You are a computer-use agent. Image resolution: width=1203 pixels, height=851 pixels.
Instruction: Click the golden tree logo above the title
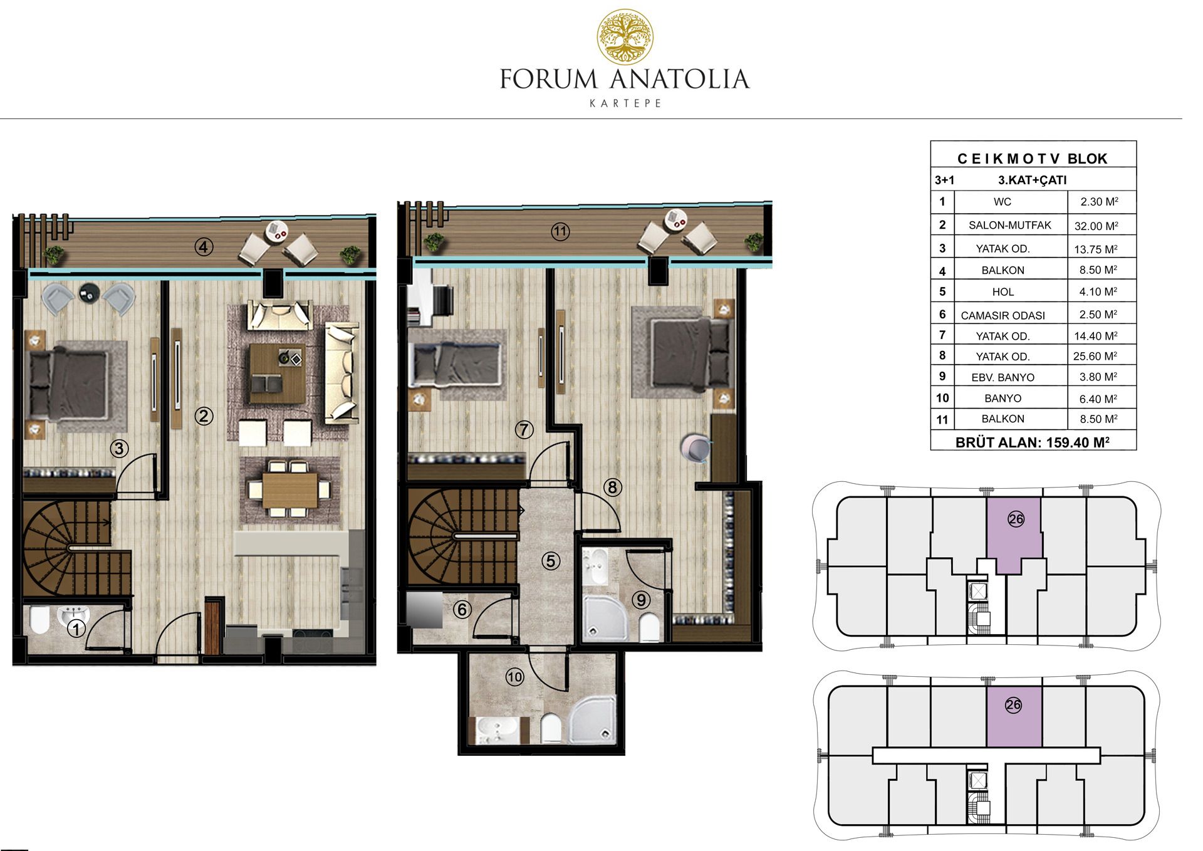coord(625,37)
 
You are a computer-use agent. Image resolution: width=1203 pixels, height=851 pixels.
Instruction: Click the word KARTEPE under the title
coord(625,103)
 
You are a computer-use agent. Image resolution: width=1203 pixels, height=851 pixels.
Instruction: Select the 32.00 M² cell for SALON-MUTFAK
coord(1096,226)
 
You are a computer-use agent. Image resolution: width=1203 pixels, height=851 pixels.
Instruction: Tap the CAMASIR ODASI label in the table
coord(1002,315)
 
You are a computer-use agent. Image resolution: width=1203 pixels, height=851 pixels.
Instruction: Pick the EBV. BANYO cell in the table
coord(1002,377)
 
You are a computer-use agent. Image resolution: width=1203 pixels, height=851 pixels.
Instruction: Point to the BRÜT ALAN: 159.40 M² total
coord(1033,442)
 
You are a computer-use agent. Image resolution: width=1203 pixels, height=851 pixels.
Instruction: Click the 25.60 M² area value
coord(1095,356)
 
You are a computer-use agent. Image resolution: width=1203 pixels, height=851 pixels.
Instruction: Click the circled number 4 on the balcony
coord(203,247)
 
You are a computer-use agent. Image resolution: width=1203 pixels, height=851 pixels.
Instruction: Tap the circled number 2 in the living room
coord(204,415)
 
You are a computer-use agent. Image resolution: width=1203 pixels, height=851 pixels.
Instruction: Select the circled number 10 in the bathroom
coord(515,677)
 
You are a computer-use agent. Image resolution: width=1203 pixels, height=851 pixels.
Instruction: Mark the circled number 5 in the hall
coord(551,561)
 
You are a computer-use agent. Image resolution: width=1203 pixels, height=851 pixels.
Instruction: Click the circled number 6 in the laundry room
coord(462,609)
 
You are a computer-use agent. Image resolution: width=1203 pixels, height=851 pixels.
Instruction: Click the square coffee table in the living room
coord(277,373)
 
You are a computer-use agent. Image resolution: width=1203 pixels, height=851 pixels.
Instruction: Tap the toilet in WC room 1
coord(39,620)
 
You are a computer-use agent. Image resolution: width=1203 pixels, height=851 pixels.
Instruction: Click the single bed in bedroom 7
coord(456,365)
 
